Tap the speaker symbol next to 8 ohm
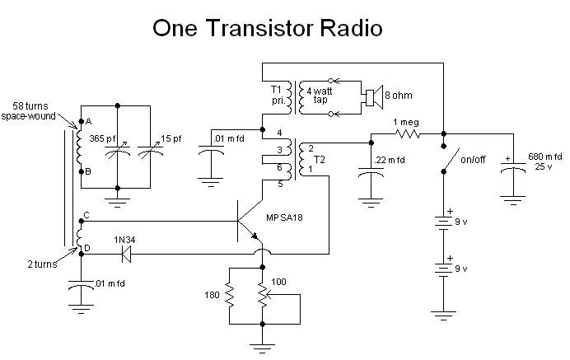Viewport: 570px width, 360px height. coord(372,99)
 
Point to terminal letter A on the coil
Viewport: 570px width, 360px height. coord(89,122)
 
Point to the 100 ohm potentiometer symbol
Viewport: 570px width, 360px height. coord(262,293)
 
